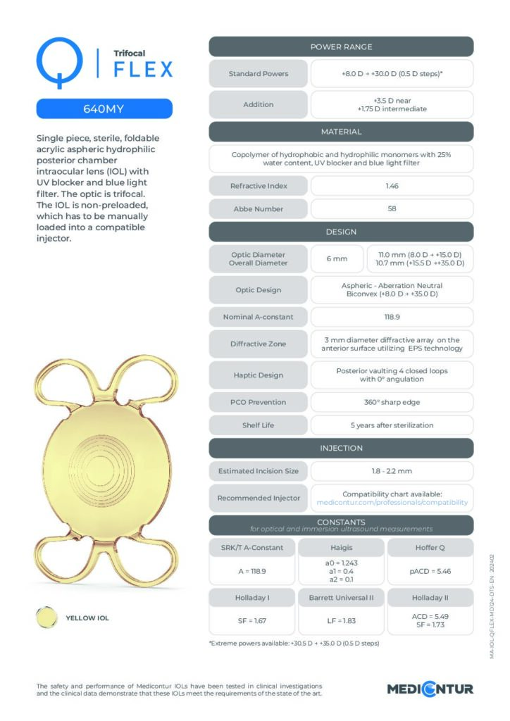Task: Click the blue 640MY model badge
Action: (104, 109)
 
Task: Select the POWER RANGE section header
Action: (341, 47)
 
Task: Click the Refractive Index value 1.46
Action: (392, 186)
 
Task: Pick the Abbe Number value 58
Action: (392, 210)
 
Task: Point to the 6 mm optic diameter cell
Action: (337, 258)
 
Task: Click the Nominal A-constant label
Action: (259, 317)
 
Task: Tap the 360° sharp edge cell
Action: (392, 402)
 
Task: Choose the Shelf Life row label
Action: (259, 425)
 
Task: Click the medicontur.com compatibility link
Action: (392, 503)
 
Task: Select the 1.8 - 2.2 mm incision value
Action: (392, 471)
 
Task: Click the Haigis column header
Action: (341, 548)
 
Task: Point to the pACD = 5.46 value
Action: (430, 571)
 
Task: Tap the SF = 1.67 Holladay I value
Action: (252, 622)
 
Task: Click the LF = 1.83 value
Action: (341, 622)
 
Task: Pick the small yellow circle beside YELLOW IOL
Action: (46, 617)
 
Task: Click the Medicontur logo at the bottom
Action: (430, 689)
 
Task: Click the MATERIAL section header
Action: (341, 132)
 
